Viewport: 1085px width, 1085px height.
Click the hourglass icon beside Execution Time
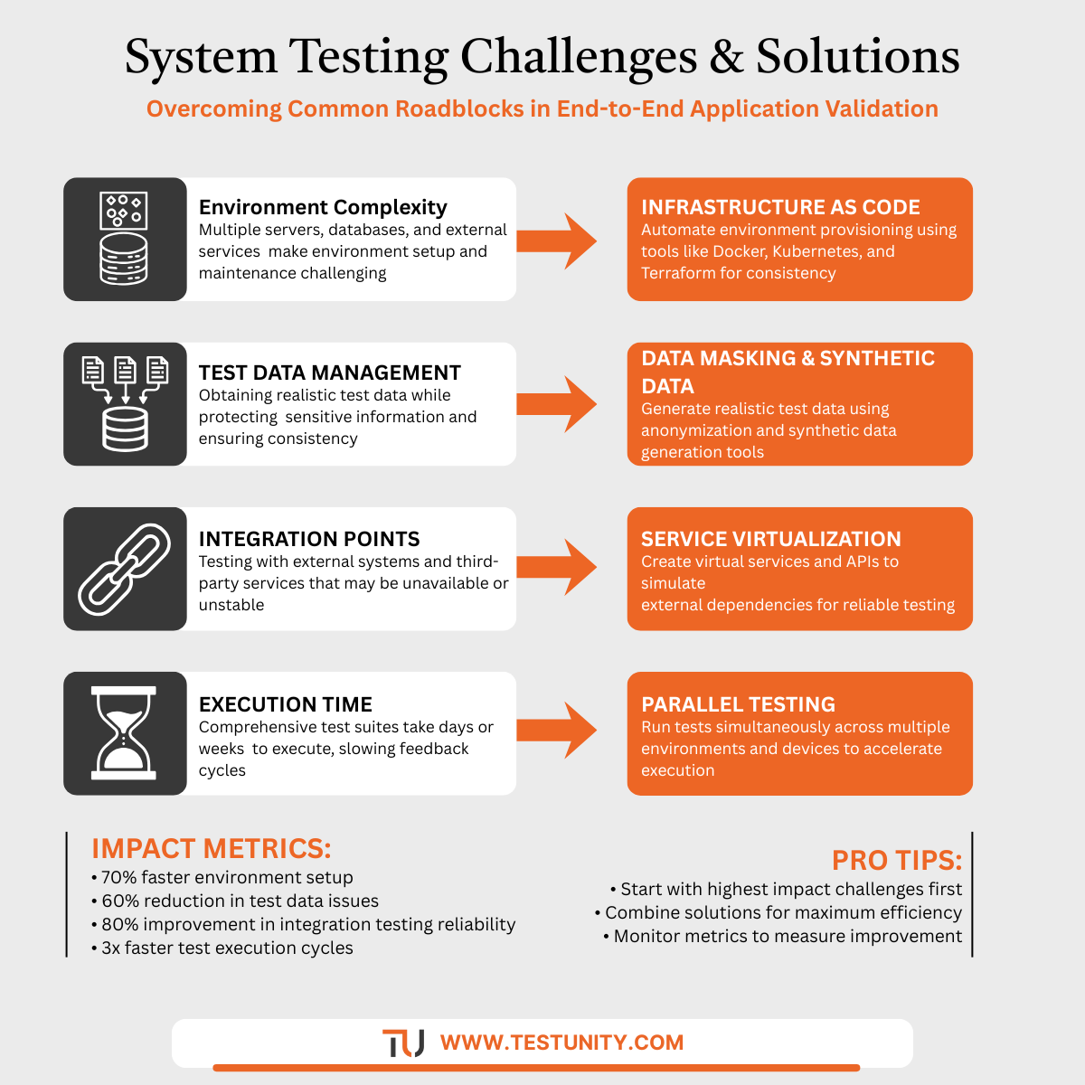[x=125, y=733]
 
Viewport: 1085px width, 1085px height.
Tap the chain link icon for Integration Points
[x=125, y=569]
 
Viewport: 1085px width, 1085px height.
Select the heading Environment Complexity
[x=323, y=207]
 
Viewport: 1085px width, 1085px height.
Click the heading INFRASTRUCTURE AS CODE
[x=780, y=207]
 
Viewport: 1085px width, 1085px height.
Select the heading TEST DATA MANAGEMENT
[x=329, y=373]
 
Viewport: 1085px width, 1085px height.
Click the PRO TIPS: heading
[x=896, y=860]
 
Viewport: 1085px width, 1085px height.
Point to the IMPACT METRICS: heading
[x=212, y=849]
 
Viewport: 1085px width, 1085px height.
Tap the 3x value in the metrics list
[x=111, y=948]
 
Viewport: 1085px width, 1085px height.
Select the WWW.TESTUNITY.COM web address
[x=561, y=1043]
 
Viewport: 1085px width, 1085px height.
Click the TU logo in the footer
[x=403, y=1043]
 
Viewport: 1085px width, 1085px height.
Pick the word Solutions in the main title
[x=857, y=57]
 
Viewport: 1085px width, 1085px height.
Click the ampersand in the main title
[x=726, y=57]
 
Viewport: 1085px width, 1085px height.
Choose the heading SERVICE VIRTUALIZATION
[x=770, y=539]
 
